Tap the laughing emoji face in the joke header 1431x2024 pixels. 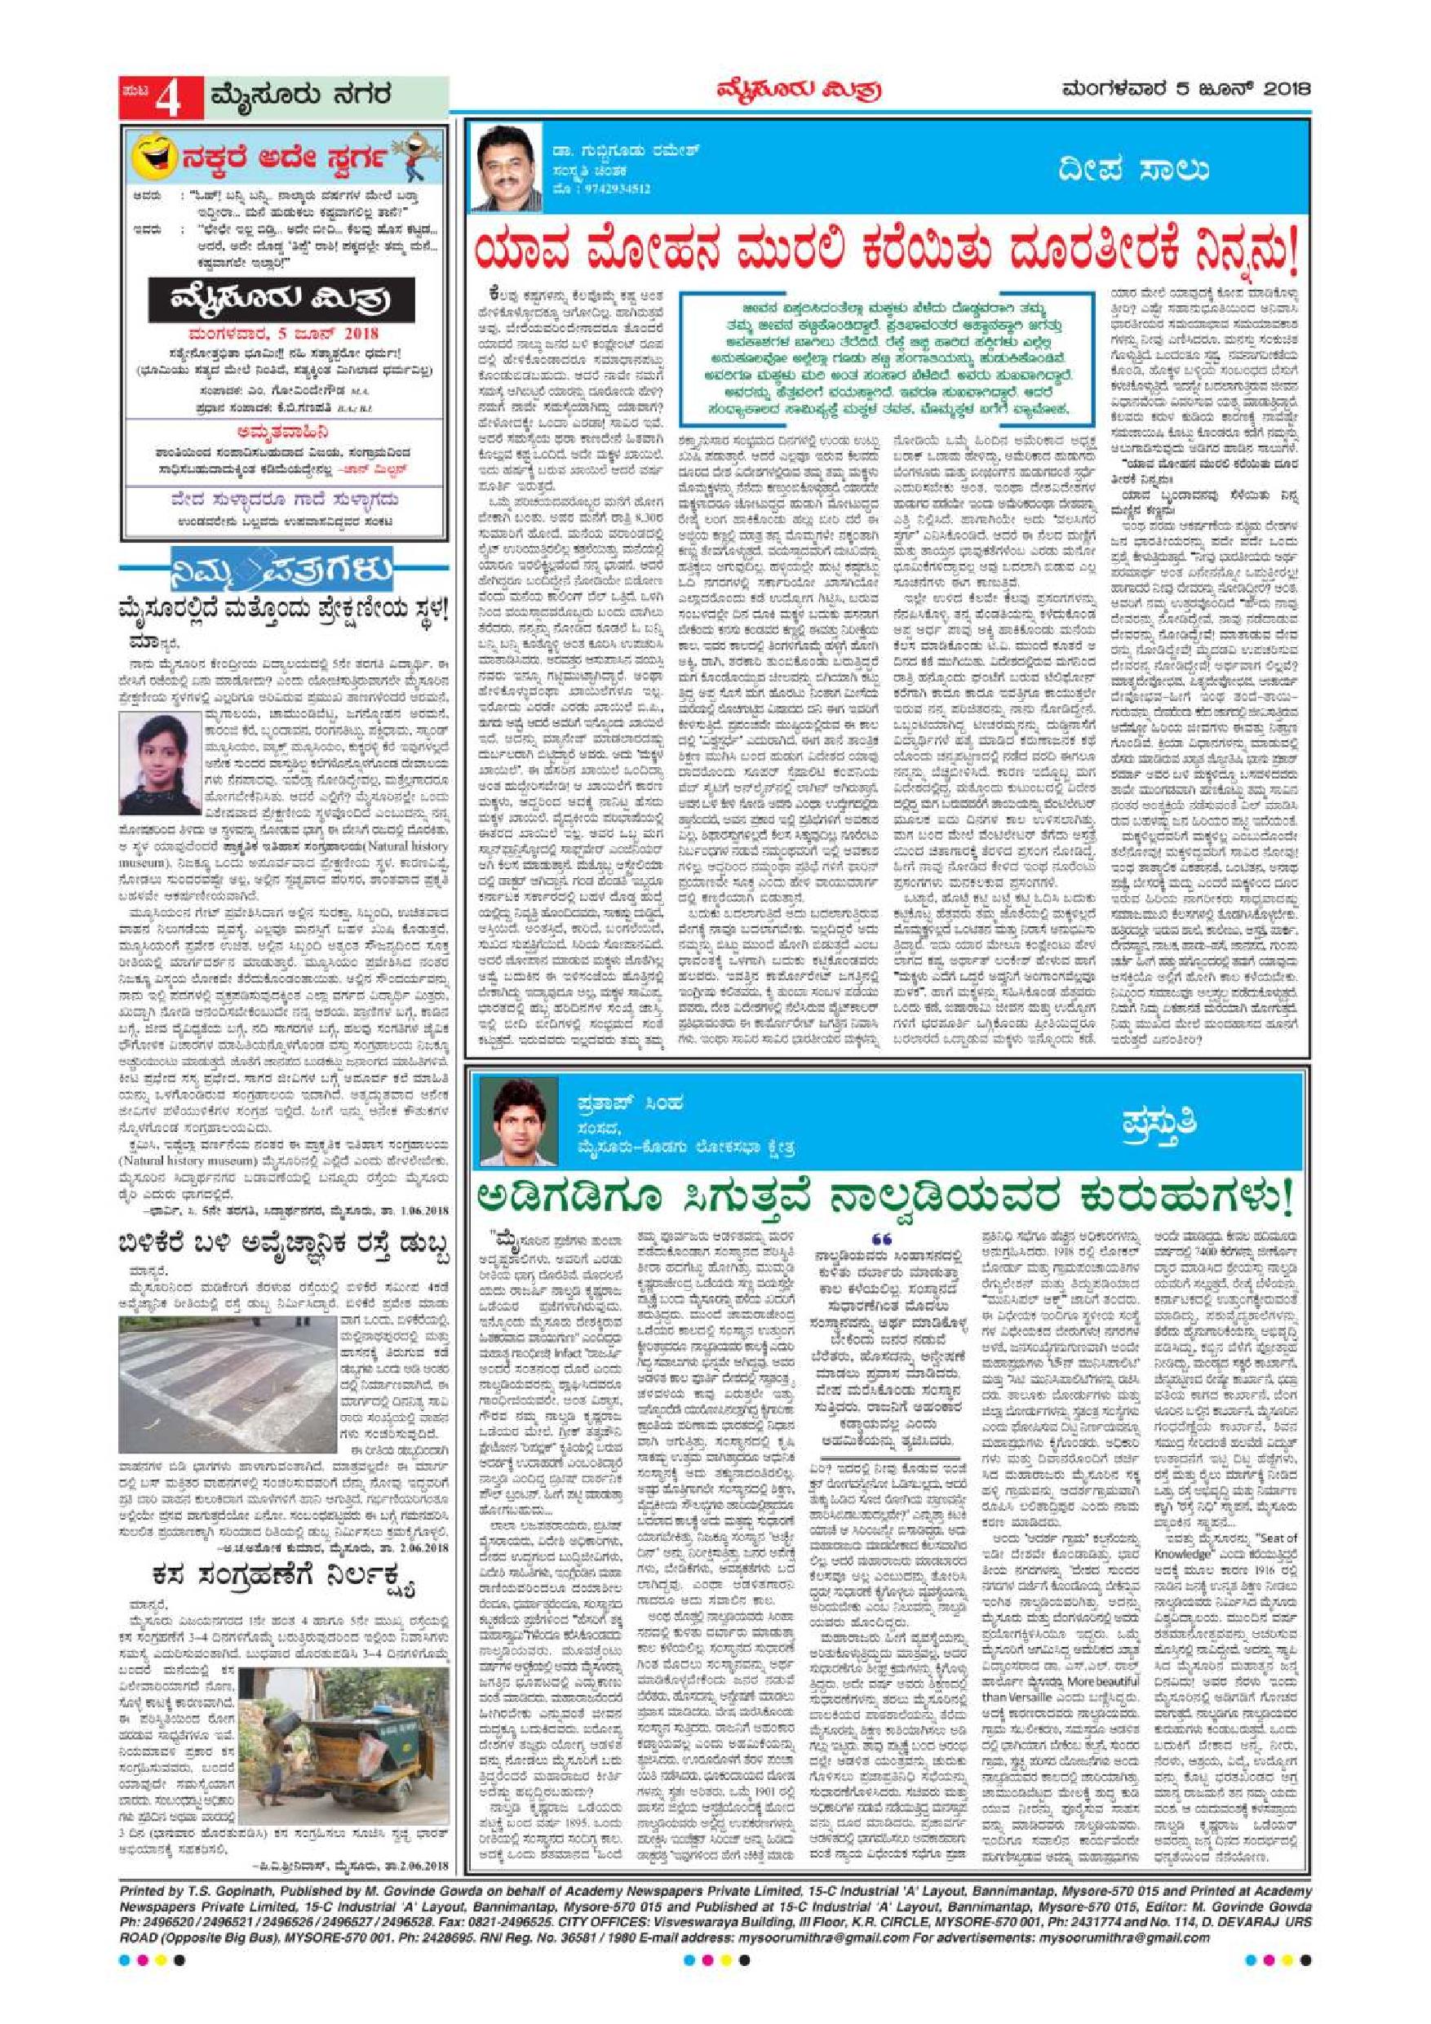[x=155, y=158]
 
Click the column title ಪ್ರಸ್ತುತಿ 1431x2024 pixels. [x=1163, y=1125]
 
